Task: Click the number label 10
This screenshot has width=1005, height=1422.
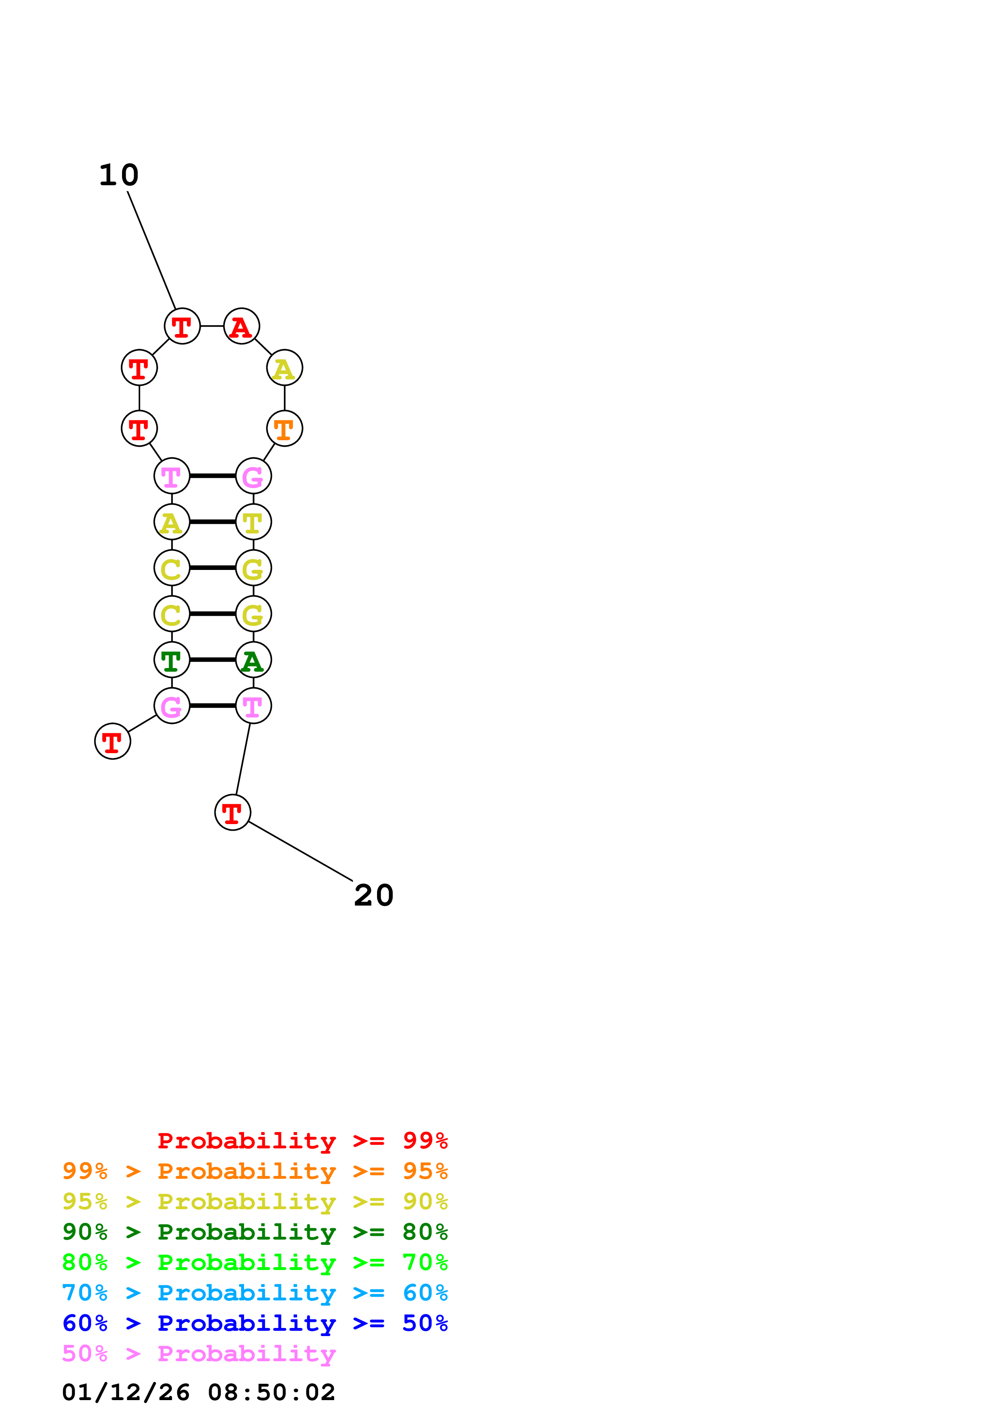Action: pos(119,175)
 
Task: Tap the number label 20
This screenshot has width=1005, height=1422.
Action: pos(373,895)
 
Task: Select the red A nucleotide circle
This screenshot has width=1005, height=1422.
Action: pos(241,326)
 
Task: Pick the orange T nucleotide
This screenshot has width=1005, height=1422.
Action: pos(284,428)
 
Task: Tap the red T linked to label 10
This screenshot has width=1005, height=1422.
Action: pos(182,326)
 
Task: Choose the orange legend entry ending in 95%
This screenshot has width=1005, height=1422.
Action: pos(255,1171)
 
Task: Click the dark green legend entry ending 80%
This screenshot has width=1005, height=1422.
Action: pos(255,1232)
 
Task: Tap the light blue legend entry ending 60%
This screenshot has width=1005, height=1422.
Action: pos(255,1293)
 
